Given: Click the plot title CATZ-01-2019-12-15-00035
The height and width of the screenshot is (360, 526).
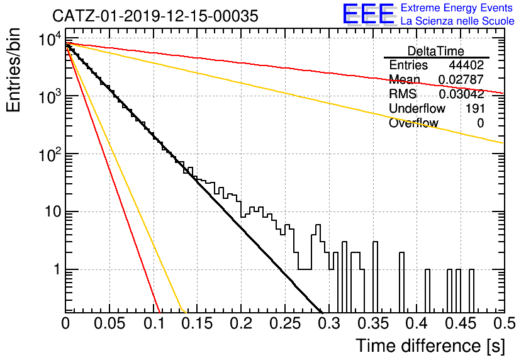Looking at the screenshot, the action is point(155,16).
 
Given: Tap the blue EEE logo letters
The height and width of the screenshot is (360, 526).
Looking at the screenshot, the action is point(369,14).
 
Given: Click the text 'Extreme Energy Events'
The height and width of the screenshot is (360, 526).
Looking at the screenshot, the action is point(457,8).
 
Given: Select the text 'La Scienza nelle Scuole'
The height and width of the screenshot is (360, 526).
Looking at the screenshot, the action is point(457,21).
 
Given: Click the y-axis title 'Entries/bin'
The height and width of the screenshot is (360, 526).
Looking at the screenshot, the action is point(13,70).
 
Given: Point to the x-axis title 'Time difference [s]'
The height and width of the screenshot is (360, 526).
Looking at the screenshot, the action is point(430,346).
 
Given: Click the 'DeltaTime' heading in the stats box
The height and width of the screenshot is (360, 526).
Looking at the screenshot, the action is point(436,51).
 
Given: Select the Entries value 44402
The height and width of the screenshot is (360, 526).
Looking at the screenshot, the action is point(466,65).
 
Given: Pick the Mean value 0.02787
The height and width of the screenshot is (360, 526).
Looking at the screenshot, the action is point(461,79).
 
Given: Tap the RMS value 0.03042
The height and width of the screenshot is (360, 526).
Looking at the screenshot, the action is point(461,94).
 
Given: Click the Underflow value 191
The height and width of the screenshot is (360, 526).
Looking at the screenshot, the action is point(475,108).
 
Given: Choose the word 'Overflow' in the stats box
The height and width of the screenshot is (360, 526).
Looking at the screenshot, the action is point(413,123).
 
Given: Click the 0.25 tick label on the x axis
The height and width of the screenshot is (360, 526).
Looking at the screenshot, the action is point(285,323).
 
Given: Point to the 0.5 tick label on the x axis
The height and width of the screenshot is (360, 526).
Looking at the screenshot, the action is point(504,323).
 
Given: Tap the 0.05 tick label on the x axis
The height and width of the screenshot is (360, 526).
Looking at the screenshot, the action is point(109,323).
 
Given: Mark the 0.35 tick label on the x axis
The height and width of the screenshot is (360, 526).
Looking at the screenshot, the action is point(372,323).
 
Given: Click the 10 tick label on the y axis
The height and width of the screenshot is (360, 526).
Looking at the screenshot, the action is point(53,212).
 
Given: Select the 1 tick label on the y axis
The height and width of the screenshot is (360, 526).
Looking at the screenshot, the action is point(57,270).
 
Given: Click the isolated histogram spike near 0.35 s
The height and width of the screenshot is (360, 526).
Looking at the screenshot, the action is point(376,277).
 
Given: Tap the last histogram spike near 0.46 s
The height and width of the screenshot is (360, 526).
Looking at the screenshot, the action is point(471,291).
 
